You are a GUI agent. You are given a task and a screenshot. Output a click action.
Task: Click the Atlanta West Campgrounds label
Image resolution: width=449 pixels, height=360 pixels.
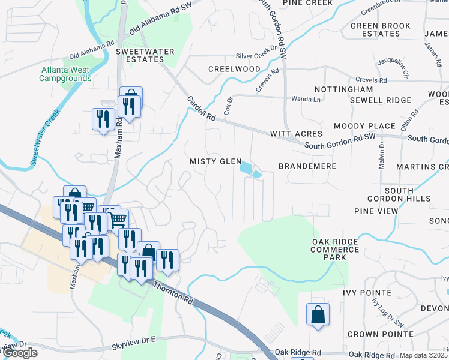pyautogui.click(x=66, y=74)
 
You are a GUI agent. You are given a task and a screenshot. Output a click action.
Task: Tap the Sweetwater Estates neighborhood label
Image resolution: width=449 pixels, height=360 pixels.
pyautogui.click(x=140, y=55)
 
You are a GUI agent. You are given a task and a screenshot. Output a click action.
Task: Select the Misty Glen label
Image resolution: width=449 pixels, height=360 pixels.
pyautogui.click(x=215, y=162)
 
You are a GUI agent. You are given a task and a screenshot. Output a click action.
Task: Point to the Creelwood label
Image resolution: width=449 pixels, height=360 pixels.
pyautogui.click(x=234, y=69)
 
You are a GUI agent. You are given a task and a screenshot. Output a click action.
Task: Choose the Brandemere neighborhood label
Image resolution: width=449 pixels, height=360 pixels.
pyautogui.click(x=307, y=166)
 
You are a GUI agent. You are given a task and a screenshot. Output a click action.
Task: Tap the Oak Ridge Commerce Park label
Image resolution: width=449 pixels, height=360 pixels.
pyautogui.click(x=335, y=249)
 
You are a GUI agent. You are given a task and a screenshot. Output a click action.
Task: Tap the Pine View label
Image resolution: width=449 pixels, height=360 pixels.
pyautogui.click(x=376, y=211)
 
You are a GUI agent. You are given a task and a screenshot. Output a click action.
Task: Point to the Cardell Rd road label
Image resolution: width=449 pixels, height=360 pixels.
pyautogui.click(x=200, y=107)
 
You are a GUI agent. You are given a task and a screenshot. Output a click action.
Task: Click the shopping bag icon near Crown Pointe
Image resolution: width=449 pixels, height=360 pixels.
pyautogui.click(x=318, y=315)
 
